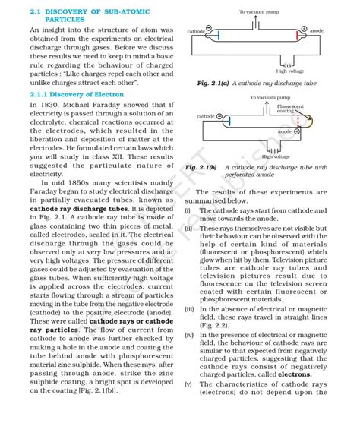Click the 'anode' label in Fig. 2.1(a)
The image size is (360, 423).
pos(317,30)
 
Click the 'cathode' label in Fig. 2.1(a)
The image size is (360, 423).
pos(195,31)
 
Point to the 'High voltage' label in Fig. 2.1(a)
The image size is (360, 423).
pos(290,71)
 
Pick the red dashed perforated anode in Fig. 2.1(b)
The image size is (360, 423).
pos(297,122)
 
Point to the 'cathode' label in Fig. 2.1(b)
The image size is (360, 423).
pos(205,116)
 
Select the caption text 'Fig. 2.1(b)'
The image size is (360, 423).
pos(201,166)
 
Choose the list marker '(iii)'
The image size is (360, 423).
pos(189,309)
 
